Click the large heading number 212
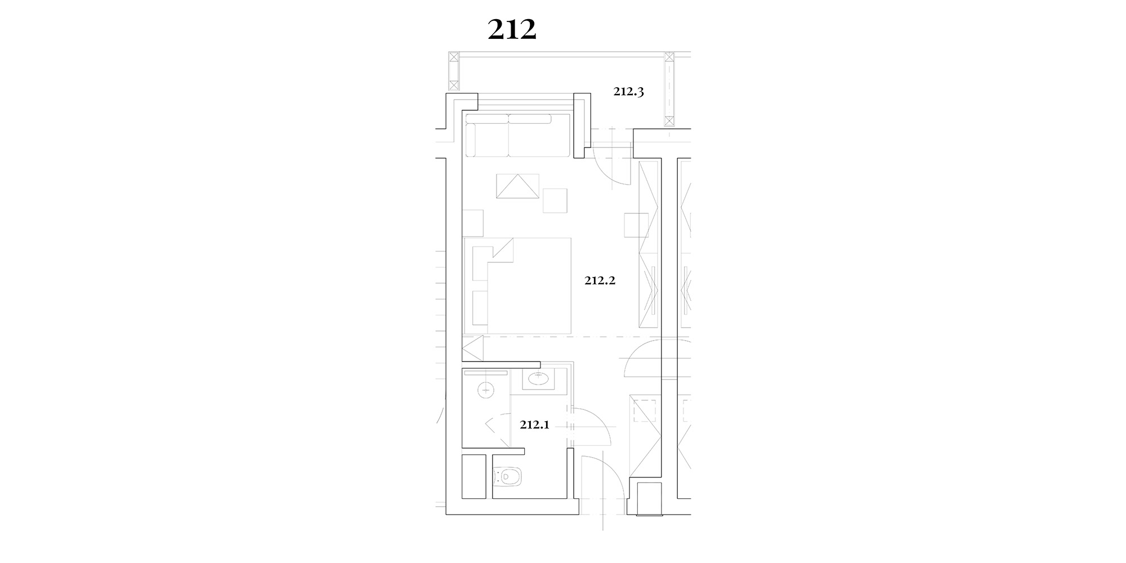[512, 30]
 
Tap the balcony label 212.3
[628, 92]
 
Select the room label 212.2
[600, 280]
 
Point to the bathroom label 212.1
[534, 425]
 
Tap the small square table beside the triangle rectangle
[555, 200]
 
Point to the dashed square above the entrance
[646, 410]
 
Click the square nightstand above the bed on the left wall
[473, 223]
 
